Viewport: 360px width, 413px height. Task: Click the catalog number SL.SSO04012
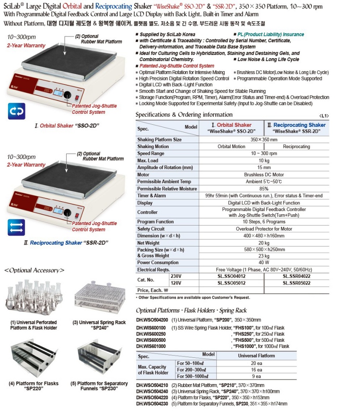pos(231,276)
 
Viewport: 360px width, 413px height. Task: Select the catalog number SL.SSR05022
pos(296,283)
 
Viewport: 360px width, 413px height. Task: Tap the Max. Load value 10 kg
pos(264,161)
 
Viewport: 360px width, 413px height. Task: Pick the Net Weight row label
pos(149,243)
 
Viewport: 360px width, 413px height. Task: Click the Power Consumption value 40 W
pos(264,263)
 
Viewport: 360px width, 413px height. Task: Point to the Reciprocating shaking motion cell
pos(296,146)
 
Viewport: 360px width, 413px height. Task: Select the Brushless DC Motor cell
pos(264,174)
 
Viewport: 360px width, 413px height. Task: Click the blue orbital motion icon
pos(16,111)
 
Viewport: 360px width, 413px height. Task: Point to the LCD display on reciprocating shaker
pos(57,212)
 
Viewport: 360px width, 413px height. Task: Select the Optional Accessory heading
pos(34,270)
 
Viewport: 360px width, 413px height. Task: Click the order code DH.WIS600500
pos(151,340)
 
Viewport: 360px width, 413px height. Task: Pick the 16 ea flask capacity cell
pos(256,370)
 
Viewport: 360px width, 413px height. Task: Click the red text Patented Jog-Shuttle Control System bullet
pos(177,66)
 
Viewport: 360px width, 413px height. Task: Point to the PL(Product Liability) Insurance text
pos(270,34)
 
